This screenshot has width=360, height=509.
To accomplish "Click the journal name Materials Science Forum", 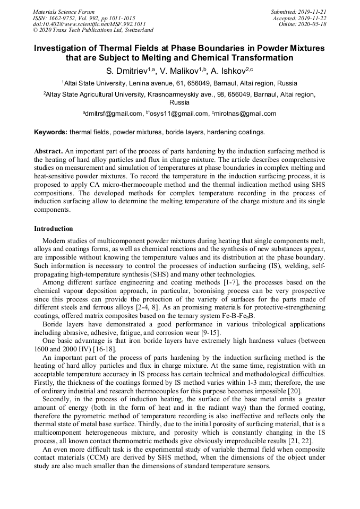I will coord(64,11).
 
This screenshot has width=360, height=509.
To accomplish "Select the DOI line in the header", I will coord(89,24).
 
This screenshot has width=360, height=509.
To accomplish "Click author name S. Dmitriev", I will coord(123,71).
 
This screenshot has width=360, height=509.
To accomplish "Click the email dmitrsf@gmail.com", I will coord(114,114).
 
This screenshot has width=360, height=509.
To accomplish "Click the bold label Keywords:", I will coord(51,132).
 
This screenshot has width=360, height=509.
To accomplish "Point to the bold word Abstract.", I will coord(48,151).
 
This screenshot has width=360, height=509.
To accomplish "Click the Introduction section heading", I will coord(54,229).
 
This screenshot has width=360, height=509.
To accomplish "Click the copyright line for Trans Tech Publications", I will coord(93,30).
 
